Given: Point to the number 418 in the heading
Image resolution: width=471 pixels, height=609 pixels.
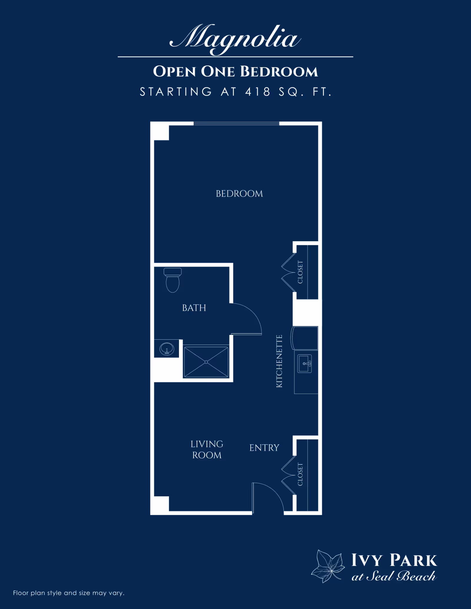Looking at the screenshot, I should (258, 92).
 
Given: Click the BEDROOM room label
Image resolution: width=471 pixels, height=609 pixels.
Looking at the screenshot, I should (239, 194).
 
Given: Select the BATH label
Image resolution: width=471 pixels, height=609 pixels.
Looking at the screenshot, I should (194, 308).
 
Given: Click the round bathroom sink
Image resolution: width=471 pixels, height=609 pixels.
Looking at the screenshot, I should (167, 349).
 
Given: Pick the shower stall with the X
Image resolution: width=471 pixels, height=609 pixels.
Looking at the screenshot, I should (206, 362).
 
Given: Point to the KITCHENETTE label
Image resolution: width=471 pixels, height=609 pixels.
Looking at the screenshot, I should (279, 361).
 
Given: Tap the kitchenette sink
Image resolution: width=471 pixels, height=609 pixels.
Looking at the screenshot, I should (305, 364).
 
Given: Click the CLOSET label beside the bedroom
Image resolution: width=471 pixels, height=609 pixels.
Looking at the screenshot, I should (300, 272).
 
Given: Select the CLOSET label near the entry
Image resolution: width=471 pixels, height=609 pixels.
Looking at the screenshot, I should (300, 474).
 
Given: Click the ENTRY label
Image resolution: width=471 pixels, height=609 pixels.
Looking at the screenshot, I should (264, 448).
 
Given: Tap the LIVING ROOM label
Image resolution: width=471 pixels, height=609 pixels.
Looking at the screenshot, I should (207, 450).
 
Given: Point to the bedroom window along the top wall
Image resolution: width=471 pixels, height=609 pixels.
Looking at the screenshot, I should (236, 124).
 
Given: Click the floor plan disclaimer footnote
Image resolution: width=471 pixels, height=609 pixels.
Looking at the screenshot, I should (69, 593).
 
